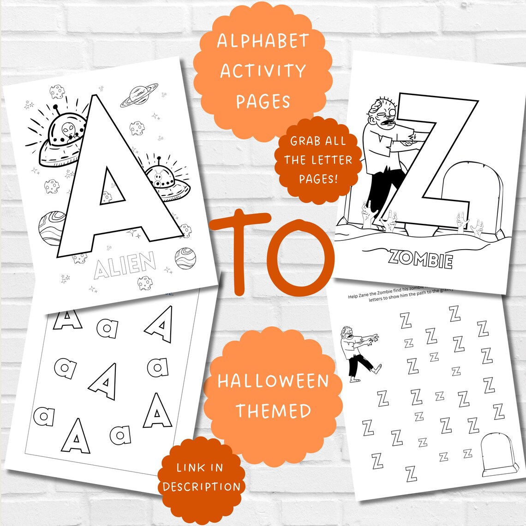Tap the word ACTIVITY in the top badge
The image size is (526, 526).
tap(263, 72)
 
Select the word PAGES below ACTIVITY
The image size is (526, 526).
tap(263, 101)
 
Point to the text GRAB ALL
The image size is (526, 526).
tap(317, 141)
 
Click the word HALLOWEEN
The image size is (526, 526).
tap(273, 382)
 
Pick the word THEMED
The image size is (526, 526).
tap(274, 411)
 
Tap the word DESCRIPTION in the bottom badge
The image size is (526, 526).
tap(202, 487)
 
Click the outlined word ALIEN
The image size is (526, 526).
tap(125, 266)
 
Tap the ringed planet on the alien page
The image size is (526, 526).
tap(139, 95)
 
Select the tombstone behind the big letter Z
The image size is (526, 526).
tap(461, 194)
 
